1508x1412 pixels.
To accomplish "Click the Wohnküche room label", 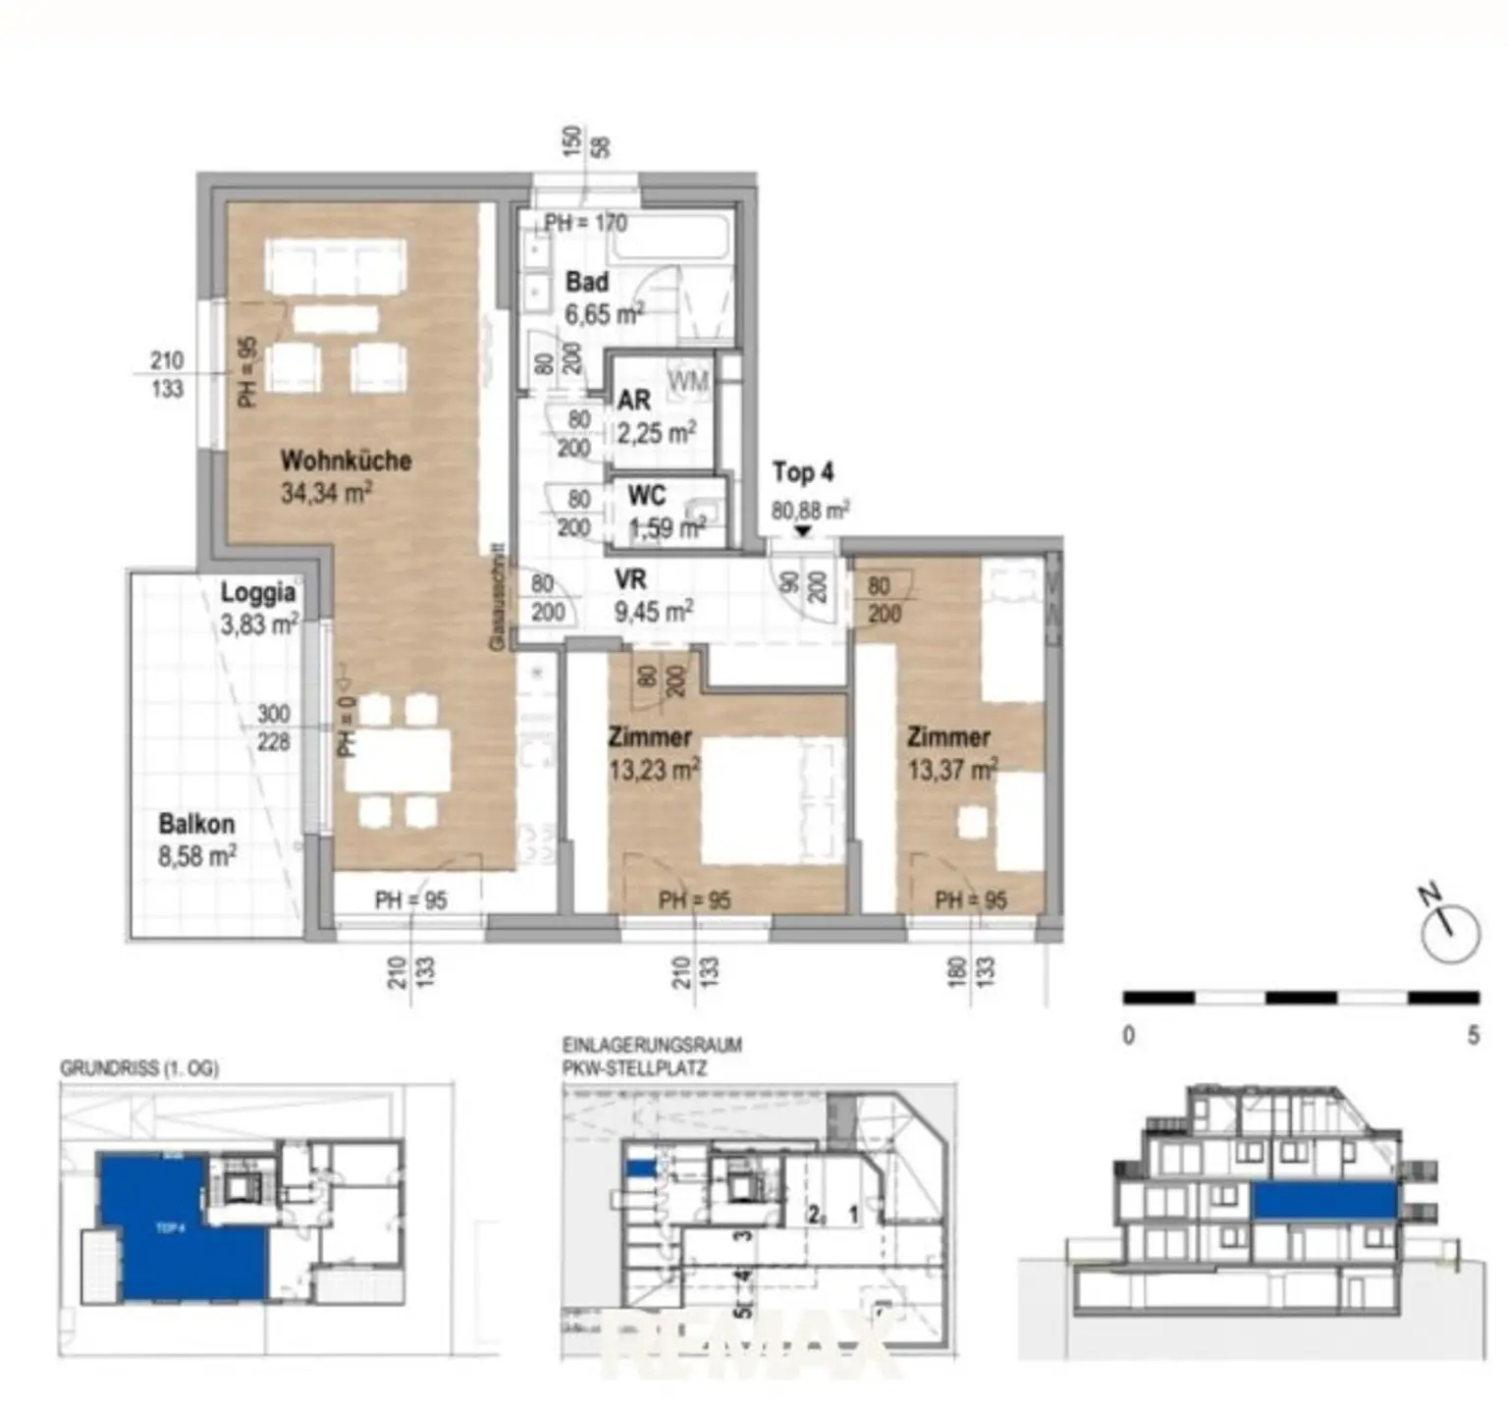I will click(346, 460).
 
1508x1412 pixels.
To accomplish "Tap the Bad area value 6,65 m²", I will click(604, 315).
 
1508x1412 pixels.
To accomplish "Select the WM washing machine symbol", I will click(687, 381).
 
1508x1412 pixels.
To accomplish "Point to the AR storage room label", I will click(633, 401).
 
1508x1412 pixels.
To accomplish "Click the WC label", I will click(646, 496).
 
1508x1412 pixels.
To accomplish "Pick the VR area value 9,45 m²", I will click(653, 612).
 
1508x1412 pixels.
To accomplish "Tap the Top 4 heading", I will click(802, 472).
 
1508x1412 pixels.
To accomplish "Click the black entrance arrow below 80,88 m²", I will click(803, 531).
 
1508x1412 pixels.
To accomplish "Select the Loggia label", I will click(257, 592).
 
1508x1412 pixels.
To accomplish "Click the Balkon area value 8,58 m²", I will click(196, 856).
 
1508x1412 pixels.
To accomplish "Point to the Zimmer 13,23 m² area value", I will click(654, 770).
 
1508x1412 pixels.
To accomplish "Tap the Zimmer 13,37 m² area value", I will click(952, 770).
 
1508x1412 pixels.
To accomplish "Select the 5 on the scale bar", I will click(1473, 1035).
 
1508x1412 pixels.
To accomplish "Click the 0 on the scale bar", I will click(1128, 1035).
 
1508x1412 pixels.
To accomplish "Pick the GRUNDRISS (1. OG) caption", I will click(138, 1068).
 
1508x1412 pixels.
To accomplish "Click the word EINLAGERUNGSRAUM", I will click(651, 1045).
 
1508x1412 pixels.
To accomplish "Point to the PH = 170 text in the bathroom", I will click(585, 223).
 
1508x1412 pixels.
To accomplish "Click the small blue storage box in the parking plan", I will click(639, 1168).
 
